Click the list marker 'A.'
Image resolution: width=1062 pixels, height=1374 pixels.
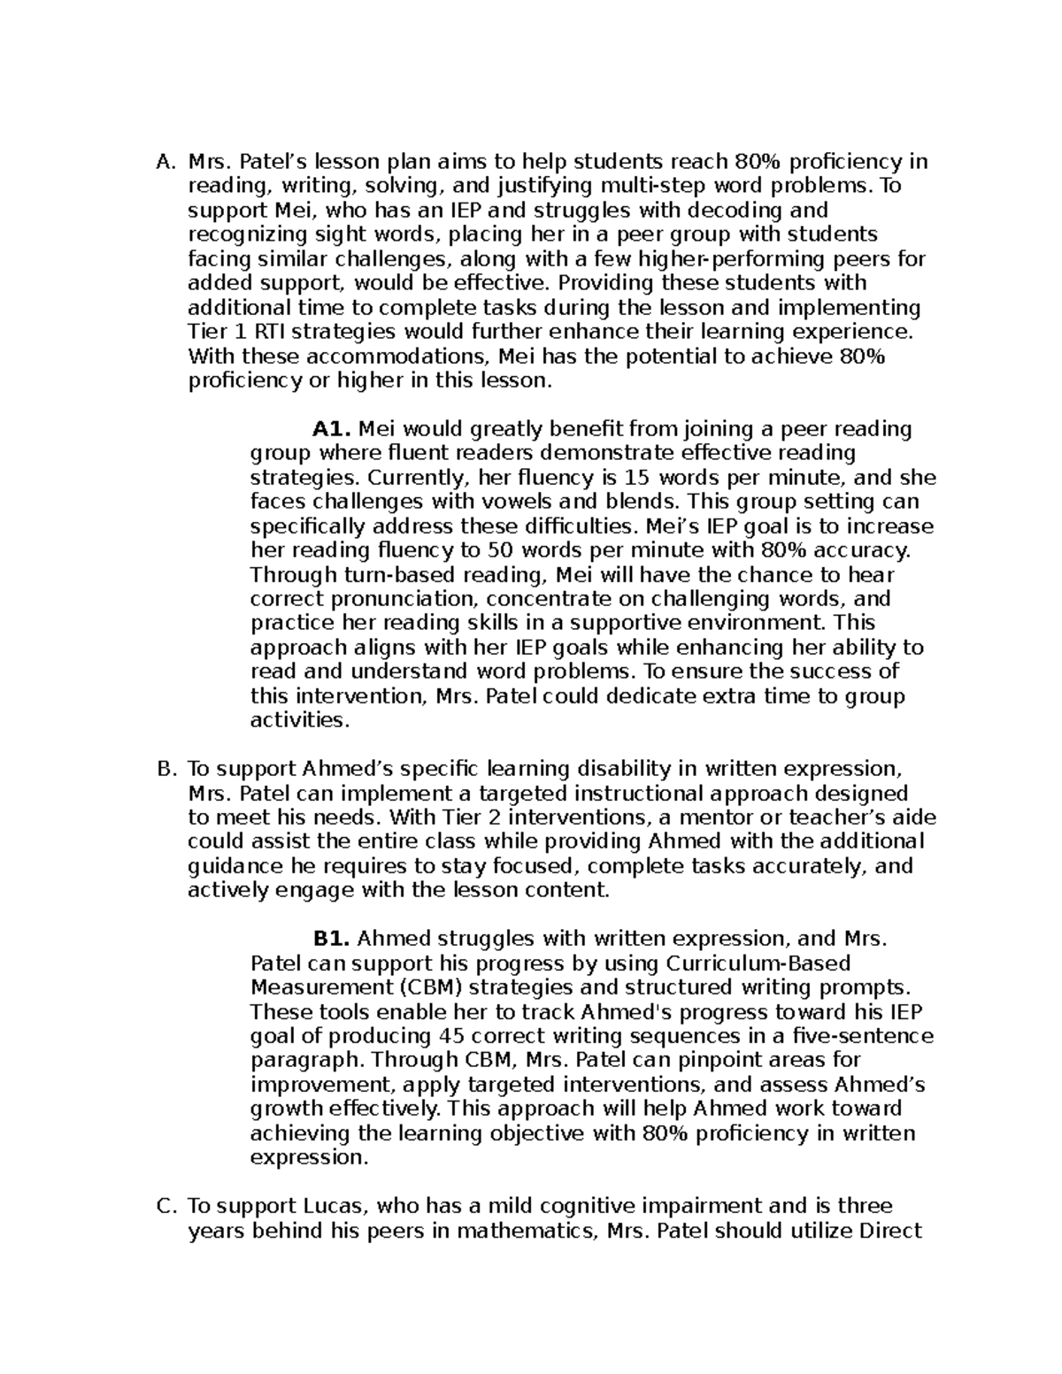[165, 162]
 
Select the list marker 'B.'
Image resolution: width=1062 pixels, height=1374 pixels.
[165, 769]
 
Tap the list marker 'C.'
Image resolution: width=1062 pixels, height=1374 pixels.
[165, 1206]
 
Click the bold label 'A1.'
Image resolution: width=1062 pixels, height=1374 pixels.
[333, 429]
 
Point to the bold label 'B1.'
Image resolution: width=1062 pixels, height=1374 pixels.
[333, 939]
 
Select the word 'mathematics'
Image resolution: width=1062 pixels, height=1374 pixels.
[524, 1230]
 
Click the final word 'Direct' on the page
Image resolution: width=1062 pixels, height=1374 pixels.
[890, 1230]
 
